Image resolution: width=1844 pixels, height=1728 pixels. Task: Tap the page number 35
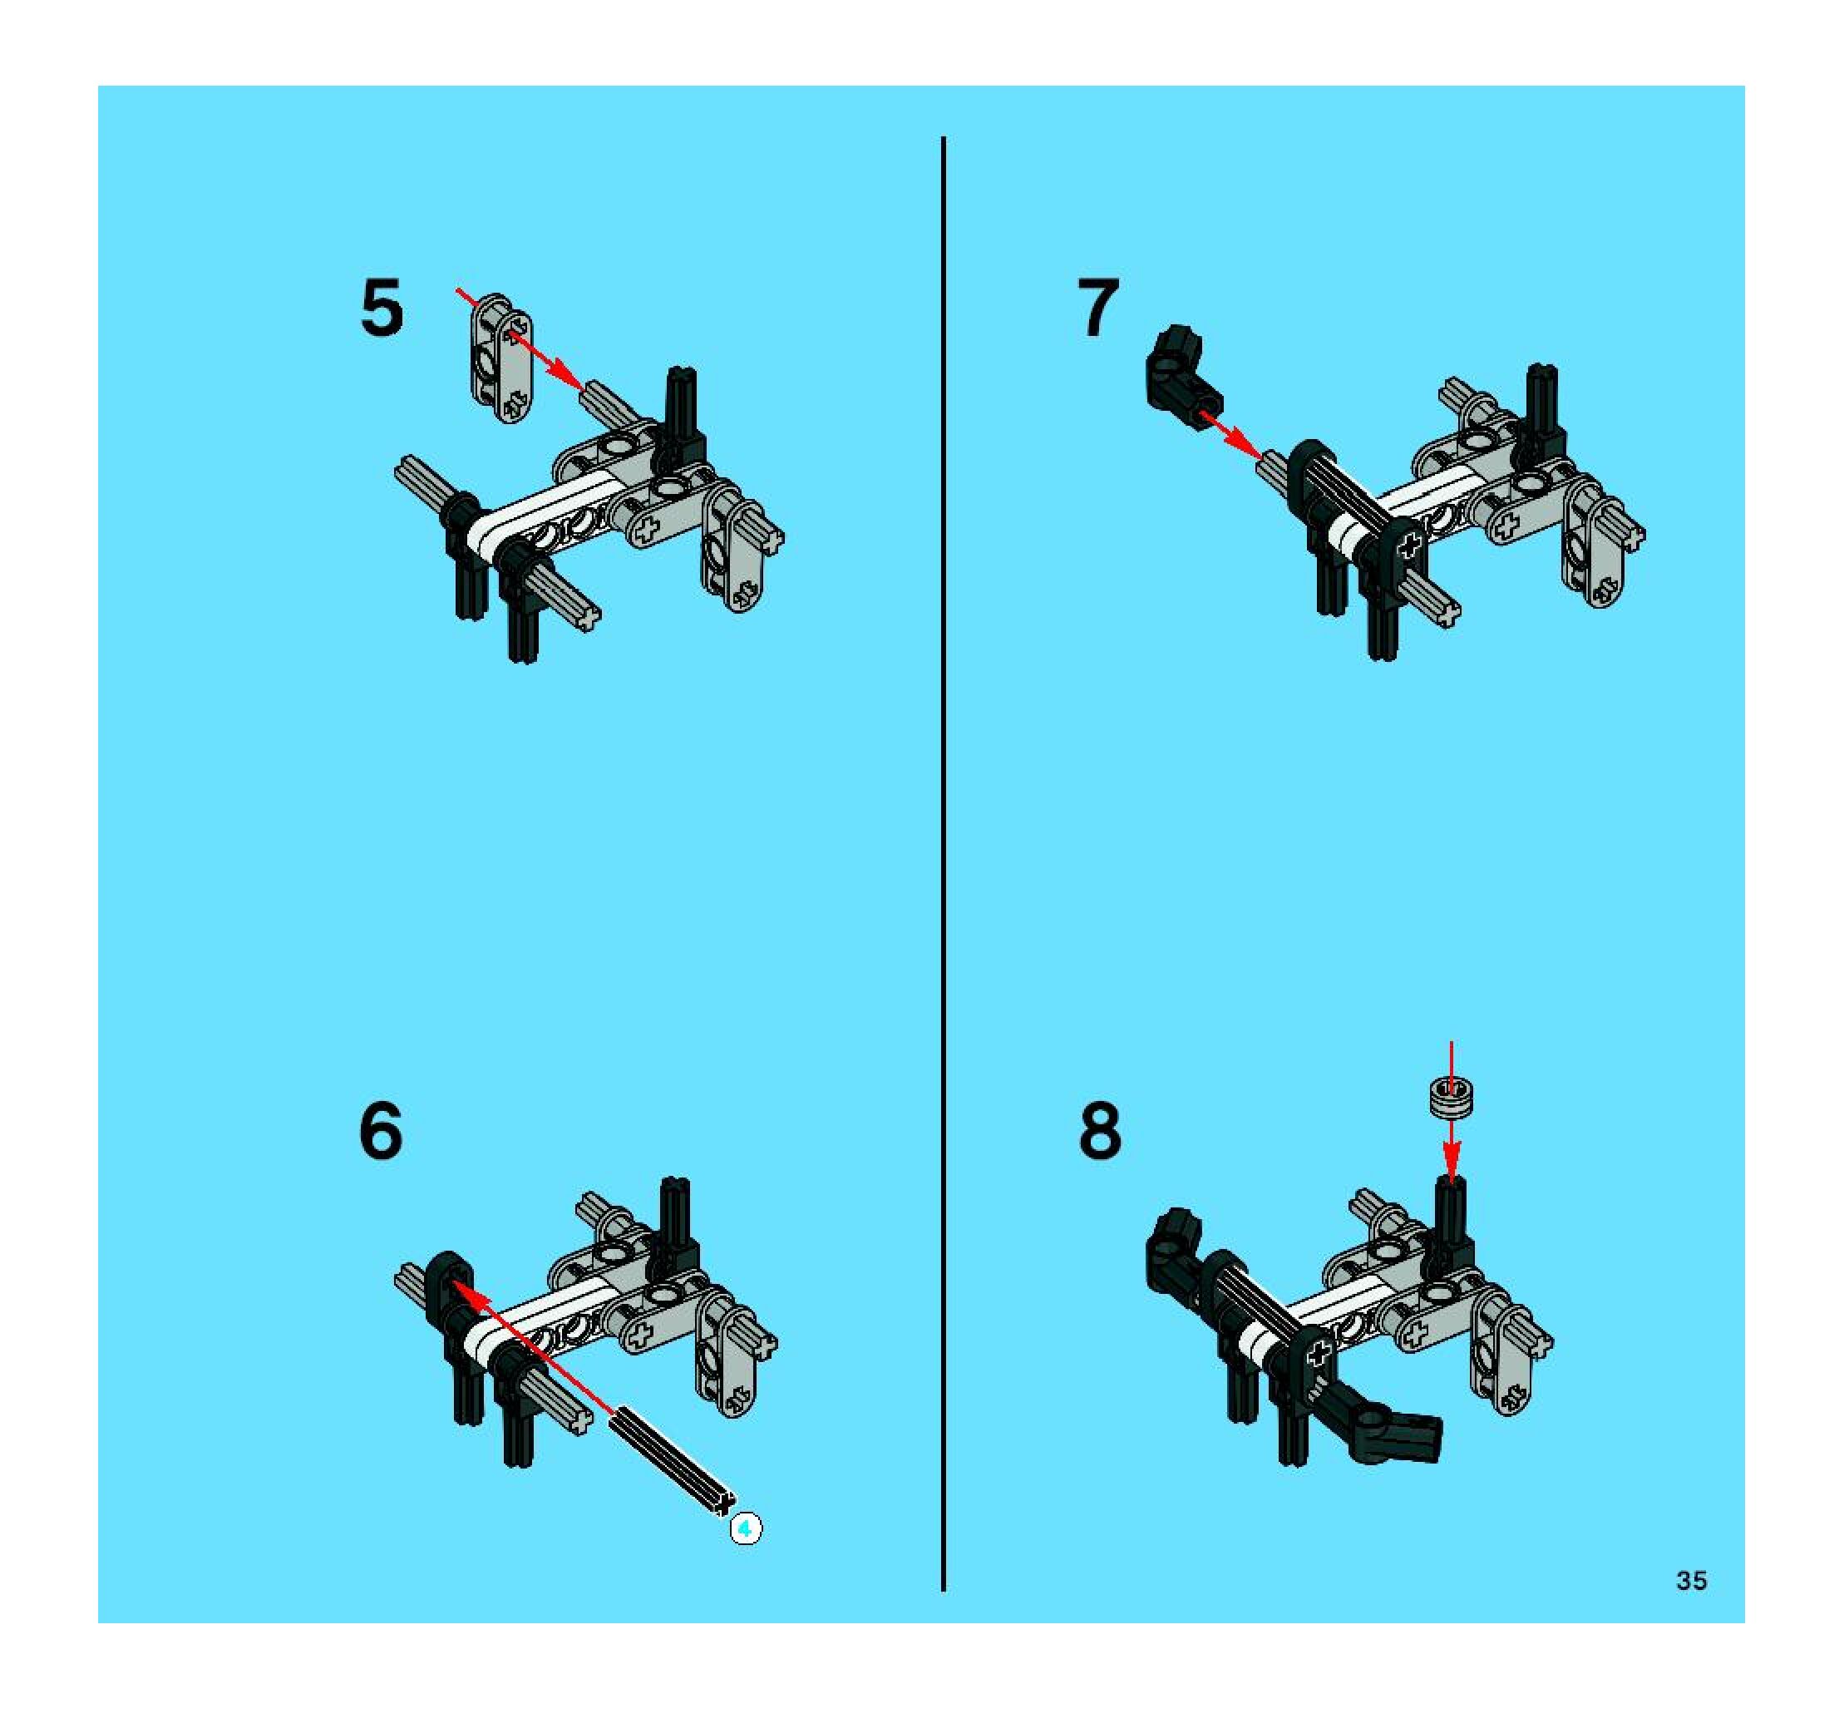[1691, 1581]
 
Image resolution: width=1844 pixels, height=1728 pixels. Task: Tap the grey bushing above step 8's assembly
[1451, 1099]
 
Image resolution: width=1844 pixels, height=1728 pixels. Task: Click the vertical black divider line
[944, 865]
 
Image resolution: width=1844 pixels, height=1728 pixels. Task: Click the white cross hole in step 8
[1318, 1356]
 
